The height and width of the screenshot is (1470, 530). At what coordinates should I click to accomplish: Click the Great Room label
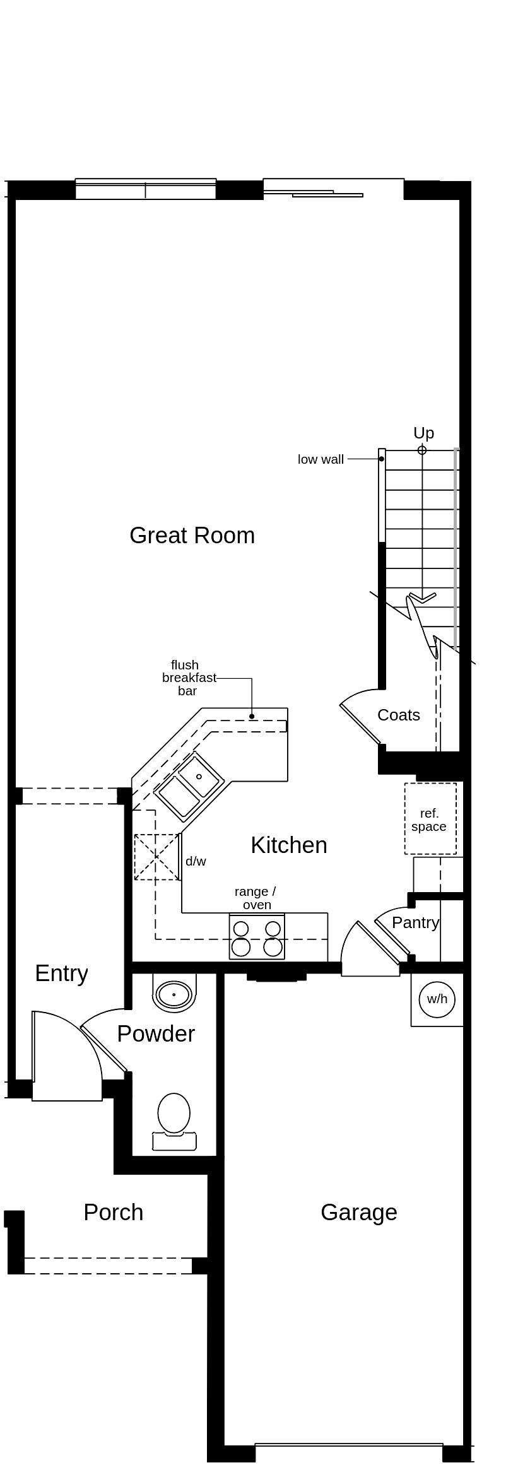[x=192, y=536]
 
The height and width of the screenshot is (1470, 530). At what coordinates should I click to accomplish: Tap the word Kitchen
[x=289, y=845]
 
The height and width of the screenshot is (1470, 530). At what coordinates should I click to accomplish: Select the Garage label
[x=358, y=1213]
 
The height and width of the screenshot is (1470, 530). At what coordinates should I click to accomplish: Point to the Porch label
[x=114, y=1213]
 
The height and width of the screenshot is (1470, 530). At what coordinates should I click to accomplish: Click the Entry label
[x=61, y=973]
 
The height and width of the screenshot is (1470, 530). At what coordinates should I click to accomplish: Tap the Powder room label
[x=156, y=1034]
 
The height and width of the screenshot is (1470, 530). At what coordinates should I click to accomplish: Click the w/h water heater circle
[x=437, y=999]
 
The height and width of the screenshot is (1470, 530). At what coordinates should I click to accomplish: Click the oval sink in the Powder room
[x=174, y=995]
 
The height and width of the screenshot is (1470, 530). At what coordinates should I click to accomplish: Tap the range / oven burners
[x=257, y=938]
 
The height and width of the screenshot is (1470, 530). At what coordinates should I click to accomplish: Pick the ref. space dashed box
[x=430, y=820]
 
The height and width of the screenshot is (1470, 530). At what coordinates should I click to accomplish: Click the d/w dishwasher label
[x=196, y=861]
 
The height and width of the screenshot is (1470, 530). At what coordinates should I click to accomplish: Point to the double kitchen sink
[x=188, y=787]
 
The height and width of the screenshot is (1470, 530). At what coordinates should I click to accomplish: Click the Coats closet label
[x=398, y=715]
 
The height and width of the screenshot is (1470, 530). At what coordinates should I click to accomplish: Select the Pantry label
[x=415, y=922]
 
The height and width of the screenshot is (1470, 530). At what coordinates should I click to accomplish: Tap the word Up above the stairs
[x=423, y=433]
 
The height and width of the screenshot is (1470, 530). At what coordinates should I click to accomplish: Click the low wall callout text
[x=321, y=460]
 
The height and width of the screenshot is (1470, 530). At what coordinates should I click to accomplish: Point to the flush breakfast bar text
[x=188, y=678]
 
